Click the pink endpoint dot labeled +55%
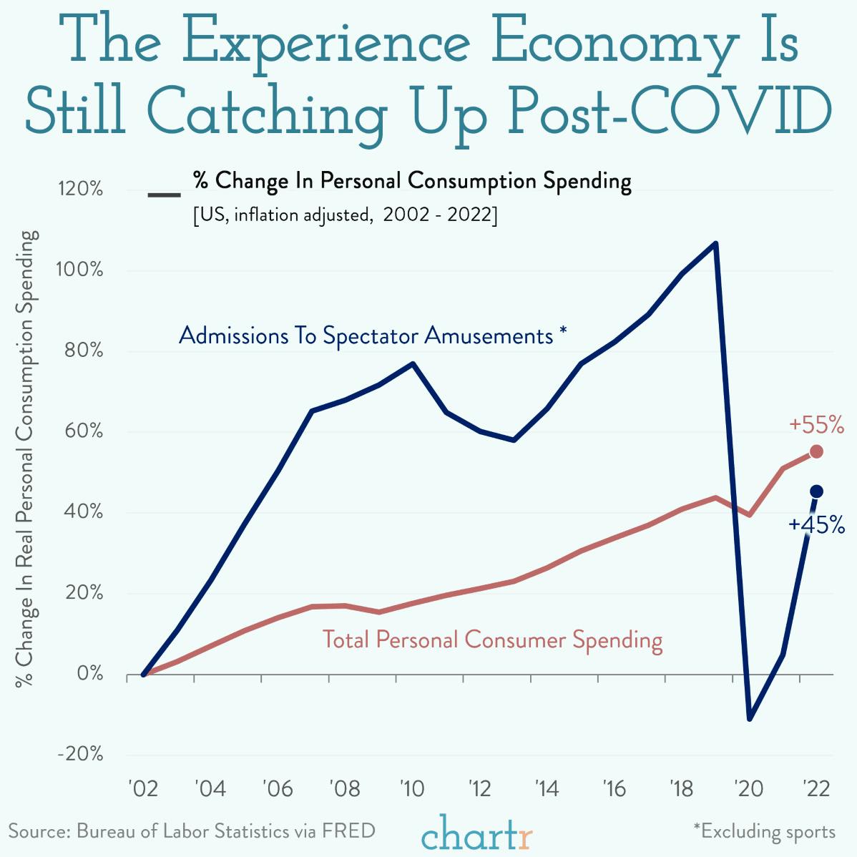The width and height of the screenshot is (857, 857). click(x=816, y=451)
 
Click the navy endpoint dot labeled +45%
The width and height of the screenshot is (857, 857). click(x=816, y=491)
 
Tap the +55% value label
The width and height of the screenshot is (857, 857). click(x=816, y=426)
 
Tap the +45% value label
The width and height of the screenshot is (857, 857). click(x=816, y=525)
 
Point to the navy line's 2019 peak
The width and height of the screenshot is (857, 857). click(x=715, y=244)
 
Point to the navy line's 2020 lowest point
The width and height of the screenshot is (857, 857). click(x=749, y=718)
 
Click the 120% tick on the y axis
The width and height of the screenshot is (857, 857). click(x=79, y=190)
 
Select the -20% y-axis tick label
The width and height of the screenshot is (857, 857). click(x=79, y=755)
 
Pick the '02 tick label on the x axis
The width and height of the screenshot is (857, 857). click(x=142, y=789)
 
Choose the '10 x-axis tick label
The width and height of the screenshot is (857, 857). click(x=412, y=789)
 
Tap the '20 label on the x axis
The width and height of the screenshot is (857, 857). click(x=749, y=789)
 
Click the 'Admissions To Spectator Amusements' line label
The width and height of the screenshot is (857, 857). click(x=372, y=335)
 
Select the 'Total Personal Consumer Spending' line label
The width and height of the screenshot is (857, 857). click(x=492, y=639)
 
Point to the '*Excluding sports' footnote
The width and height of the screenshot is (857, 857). click(x=763, y=831)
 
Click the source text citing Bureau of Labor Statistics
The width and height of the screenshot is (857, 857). click(x=192, y=831)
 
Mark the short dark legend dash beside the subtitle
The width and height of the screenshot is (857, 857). click(x=164, y=195)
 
